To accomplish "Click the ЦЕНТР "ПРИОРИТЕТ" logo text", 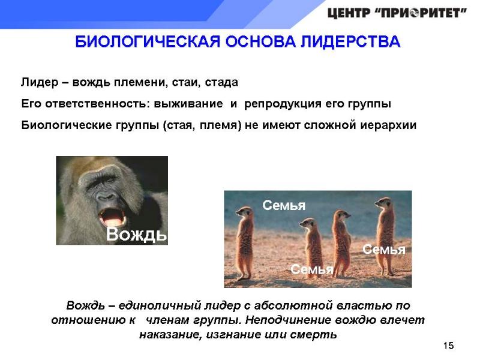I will (x=397, y=13).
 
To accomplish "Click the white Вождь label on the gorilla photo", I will (x=136, y=235).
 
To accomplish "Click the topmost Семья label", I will (x=284, y=205).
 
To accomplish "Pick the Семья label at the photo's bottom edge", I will (x=311, y=269).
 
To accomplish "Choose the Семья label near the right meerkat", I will (x=384, y=249).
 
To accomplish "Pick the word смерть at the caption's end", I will (x=317, y=334).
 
